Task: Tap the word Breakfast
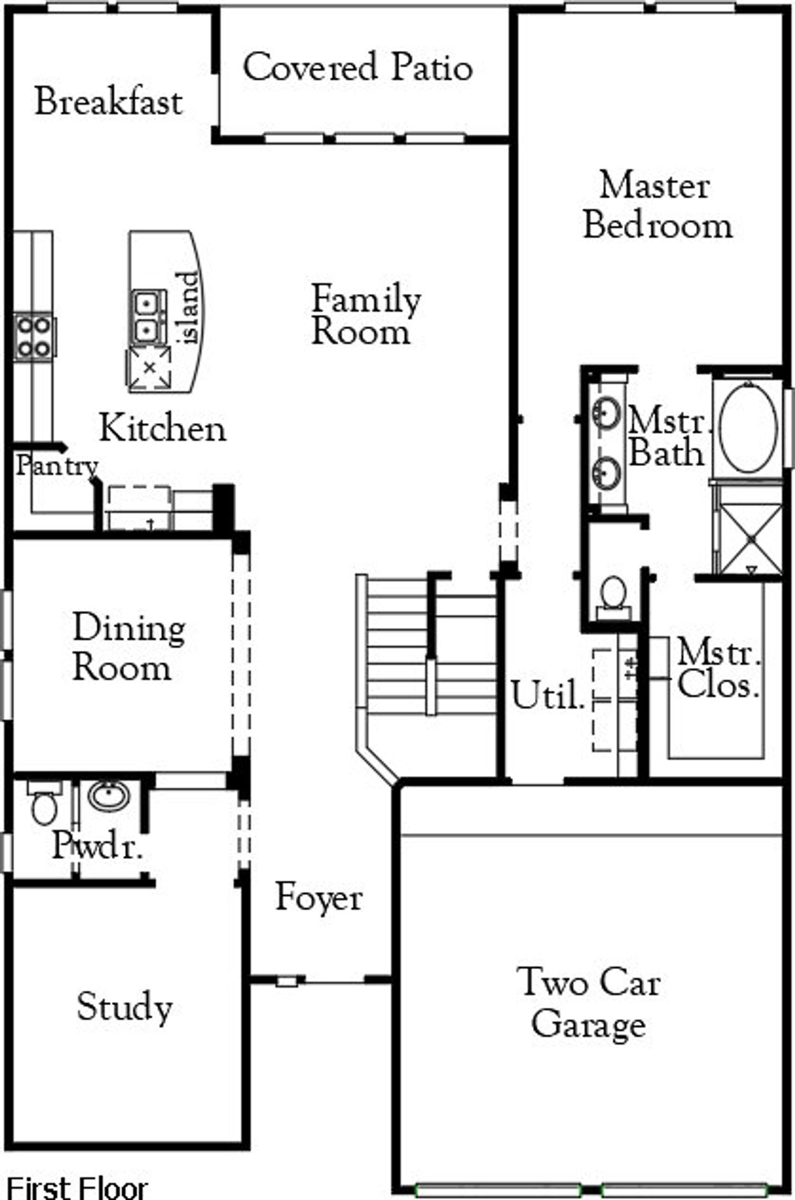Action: click(109, 102)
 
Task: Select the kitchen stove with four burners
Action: click(34, 336)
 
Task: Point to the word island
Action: click(189, 308)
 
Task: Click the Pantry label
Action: click(57, 465)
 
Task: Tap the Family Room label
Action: click(365, 316)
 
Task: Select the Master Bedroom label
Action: click(657, 206)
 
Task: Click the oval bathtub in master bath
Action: click(748, 428)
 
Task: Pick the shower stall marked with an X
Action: click(750, 539)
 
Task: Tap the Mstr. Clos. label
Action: click(719, 669)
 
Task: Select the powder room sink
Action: click(109, 795)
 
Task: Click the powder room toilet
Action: click(44, 805)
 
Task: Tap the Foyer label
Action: click(319, 898)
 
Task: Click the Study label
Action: click(124, 1007)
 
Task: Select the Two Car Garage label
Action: click(588, 1003)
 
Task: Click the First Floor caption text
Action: click(77, 1188)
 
